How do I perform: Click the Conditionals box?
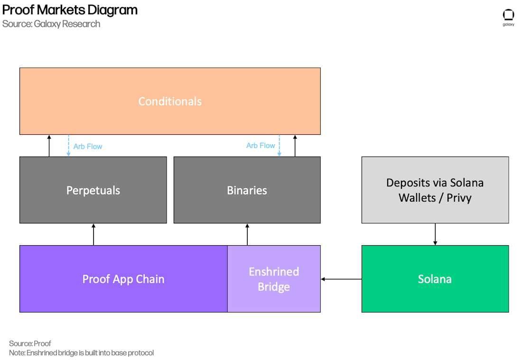170,101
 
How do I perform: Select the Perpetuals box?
93,190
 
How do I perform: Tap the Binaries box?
247,190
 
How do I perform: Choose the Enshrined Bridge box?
274,279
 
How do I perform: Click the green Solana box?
435,279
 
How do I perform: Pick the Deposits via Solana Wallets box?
435,190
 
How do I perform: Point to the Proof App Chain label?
123,279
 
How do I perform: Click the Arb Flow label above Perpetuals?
88,147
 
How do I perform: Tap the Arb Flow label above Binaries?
261,146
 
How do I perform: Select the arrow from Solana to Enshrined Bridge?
341,279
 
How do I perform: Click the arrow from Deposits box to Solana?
435,234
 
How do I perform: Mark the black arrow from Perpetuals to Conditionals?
49,146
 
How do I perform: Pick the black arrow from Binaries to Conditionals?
295,146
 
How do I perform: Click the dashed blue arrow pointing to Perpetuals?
69,146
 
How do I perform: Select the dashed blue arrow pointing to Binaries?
280,146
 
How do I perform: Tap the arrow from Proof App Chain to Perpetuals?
93,235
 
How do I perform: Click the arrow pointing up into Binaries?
247,235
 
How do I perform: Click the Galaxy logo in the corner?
508,18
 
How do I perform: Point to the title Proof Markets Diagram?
70,10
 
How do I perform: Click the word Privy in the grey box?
459,198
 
